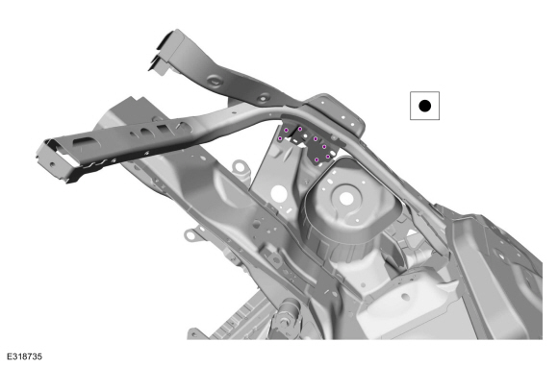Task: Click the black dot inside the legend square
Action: pyautogui.click(x=424, y=106)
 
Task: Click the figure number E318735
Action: pyautogui.click(x=25, y=356)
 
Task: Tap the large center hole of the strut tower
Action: pyautogui.click(x=346, y=199)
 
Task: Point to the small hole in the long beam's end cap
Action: pyautogui.click(x=53, y=164)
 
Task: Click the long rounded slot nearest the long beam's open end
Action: pyautogui.click(x=87, y=143)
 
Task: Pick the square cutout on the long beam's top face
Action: pyautogui.click(x=165, y=129)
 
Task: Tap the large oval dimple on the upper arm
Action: pyautogui.click(x=216, y=81)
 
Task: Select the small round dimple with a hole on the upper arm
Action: pyautogui.click(x=264, y=97)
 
